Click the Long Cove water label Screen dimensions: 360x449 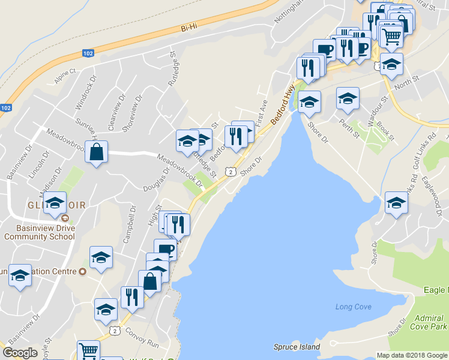pos(353,307)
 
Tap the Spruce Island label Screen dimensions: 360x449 pos(297,347)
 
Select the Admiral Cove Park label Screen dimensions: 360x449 pos(431,321)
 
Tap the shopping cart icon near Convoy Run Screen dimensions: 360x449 pos(88,350)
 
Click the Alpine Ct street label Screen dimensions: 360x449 pos(65,71)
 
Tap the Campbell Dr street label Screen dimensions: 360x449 pos(130,226)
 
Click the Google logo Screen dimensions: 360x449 pos(20,353)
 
